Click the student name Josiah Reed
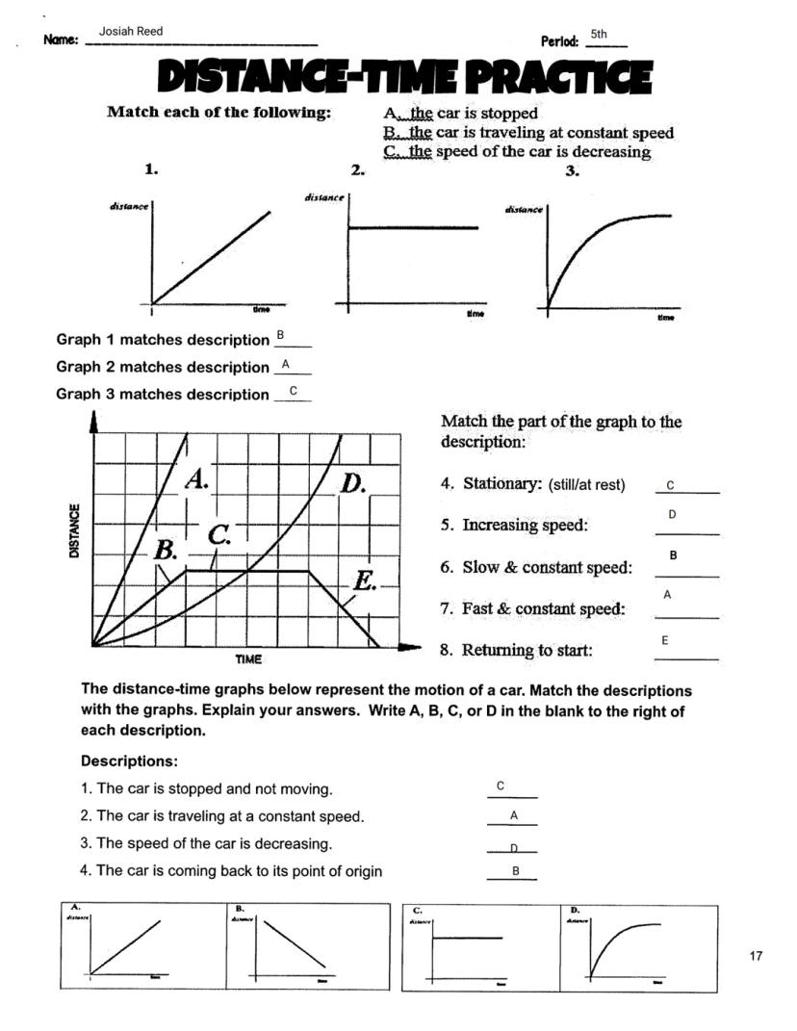tap(131, 32)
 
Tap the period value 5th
tap(599, 34)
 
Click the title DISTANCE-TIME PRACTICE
tap(404, 78)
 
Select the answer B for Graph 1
tap(280, 334)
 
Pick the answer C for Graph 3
tap(294, 390)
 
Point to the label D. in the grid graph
tap(353, 482)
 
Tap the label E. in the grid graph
tap(364, 580)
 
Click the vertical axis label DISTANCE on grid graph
tap(74, 530)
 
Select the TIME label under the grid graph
tap(248, 659)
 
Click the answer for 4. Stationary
tap(670, 485)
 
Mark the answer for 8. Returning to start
tap(664, 640)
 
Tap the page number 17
tap(755, 956)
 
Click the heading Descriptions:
tap(129, 761)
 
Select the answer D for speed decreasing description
tap(514, 848)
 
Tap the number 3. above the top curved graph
tap(572, 170)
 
